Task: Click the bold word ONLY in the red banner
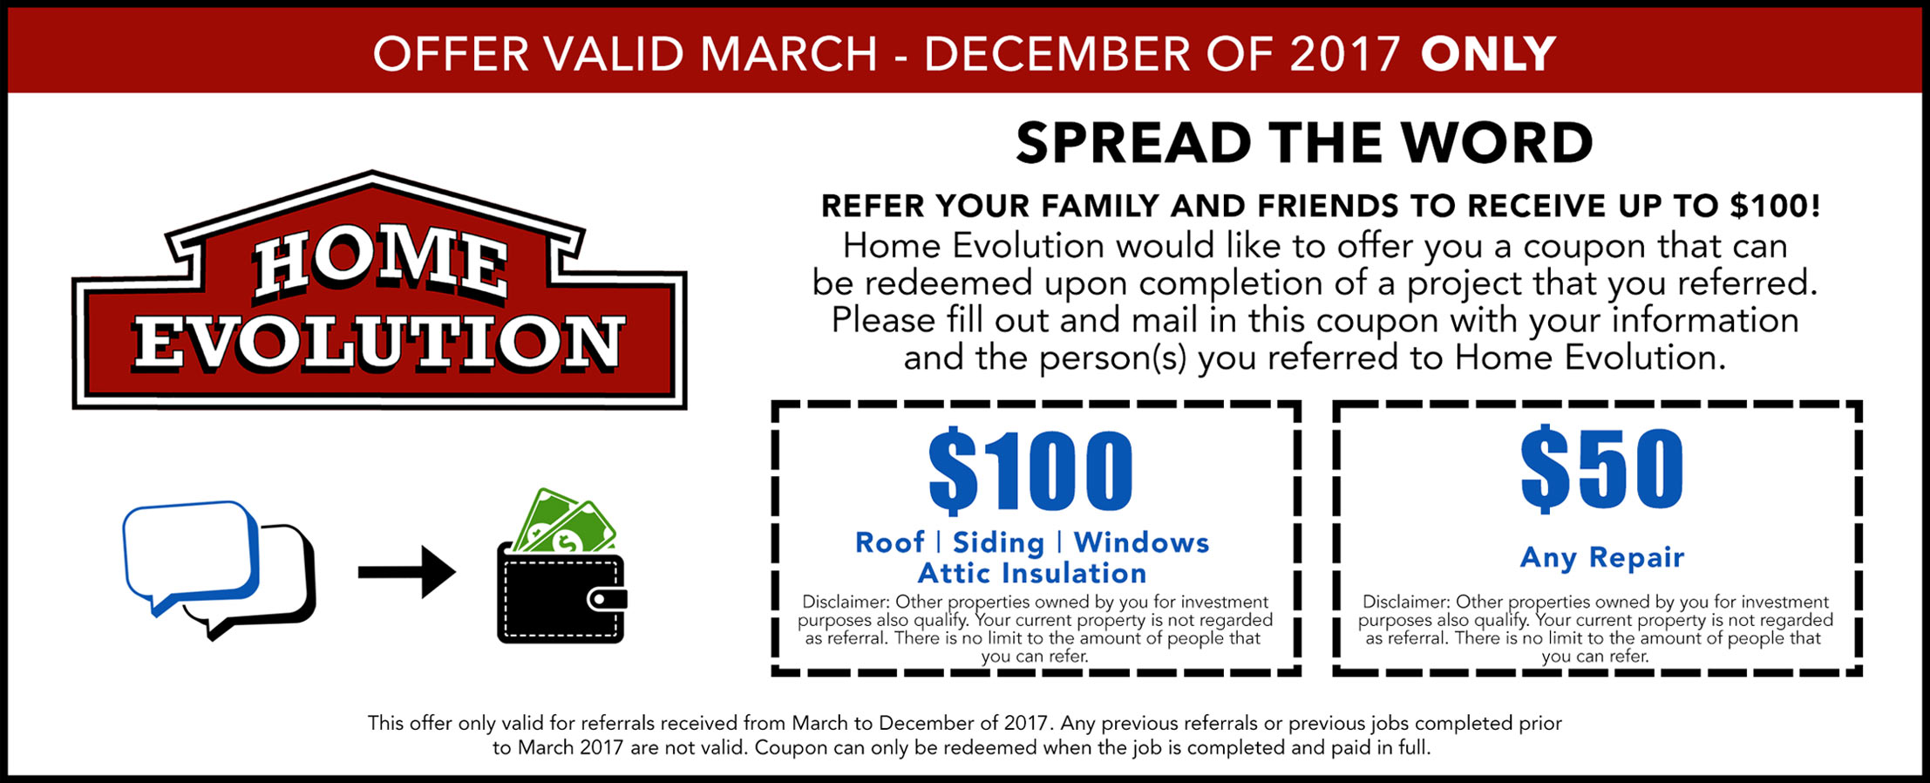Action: point(1488,54)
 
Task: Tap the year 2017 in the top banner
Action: point(1345,54)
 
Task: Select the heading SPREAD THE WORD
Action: point(1305,143)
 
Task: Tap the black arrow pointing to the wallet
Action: point(407,572)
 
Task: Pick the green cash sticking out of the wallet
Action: point(564,521)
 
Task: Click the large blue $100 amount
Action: point(1030,470)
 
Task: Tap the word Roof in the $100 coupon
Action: point(889,542)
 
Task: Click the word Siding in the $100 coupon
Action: point(998,543)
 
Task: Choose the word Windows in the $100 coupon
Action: point(1141,542)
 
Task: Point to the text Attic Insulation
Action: point(1032,573)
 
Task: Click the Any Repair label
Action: point(1602,557)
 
